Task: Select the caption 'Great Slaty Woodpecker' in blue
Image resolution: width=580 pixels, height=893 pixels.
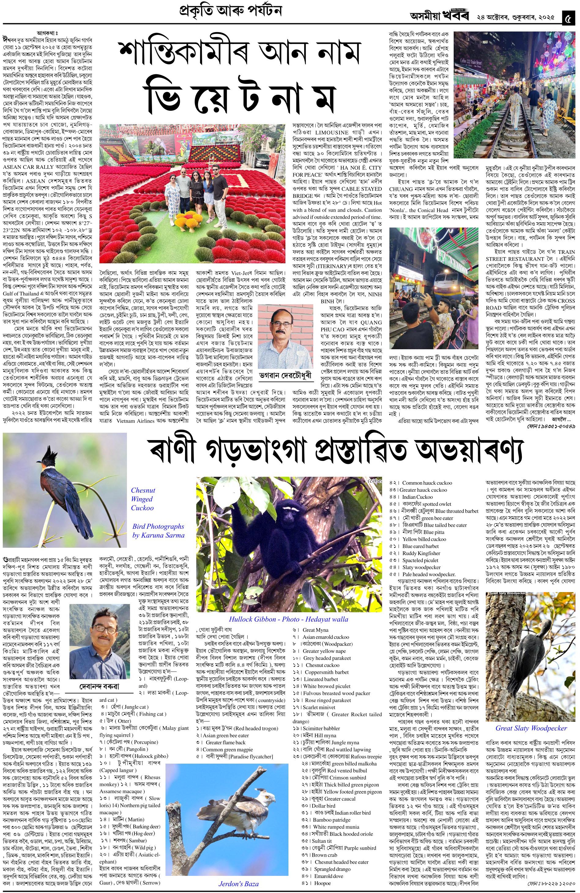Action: coord(531,728)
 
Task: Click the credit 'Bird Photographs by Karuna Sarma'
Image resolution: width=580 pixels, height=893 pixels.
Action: coord(158,531)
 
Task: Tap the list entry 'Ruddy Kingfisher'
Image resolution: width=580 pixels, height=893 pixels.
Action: coord(421,553)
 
